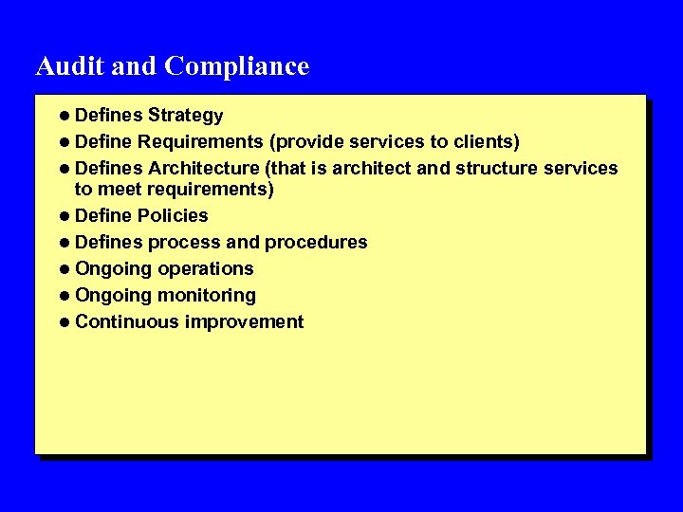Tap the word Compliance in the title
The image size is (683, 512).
(236, 67)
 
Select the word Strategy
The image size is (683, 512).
(185, 116)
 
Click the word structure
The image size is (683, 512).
(500, 169)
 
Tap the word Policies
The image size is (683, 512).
(173, 215)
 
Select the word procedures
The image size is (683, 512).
(316, 242)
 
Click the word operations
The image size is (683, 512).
(206, 268)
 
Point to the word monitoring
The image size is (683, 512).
(207, 295)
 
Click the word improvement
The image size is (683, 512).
(245, 321)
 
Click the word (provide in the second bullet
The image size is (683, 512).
(306, 142)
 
